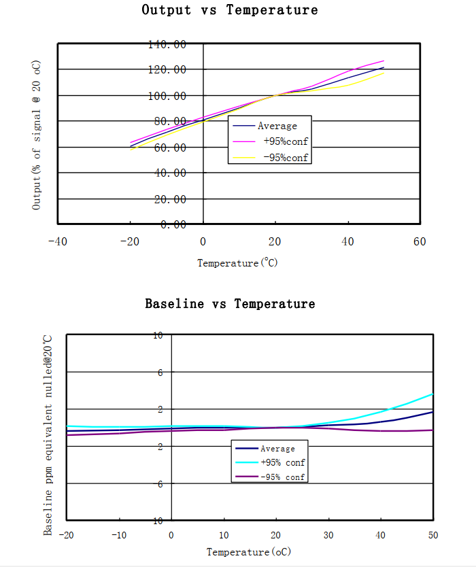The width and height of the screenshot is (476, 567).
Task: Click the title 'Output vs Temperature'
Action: click(x=229, y=10)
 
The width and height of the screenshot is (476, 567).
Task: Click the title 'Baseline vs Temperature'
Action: click(x=230, y=304)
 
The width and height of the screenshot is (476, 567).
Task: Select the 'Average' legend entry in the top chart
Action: click(x=277, y=126)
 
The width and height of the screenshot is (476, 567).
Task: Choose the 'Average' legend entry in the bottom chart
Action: click(x=277, y=449)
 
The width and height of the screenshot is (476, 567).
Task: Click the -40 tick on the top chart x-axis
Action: click(x=57, y=241)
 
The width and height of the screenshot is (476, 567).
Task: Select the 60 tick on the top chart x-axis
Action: click(x=420, y=241)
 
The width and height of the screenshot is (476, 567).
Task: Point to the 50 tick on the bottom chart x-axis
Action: click(x=432, y=535)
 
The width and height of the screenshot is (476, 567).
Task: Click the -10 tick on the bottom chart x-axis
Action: click(x=118, y=535)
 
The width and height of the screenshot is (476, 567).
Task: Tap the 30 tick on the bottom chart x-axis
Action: click(x=328, y=535)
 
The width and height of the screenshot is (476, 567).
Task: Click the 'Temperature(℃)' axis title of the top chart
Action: click(x=237, y=263)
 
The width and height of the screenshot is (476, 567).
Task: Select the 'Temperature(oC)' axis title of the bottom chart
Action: click(x=249, y=552)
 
